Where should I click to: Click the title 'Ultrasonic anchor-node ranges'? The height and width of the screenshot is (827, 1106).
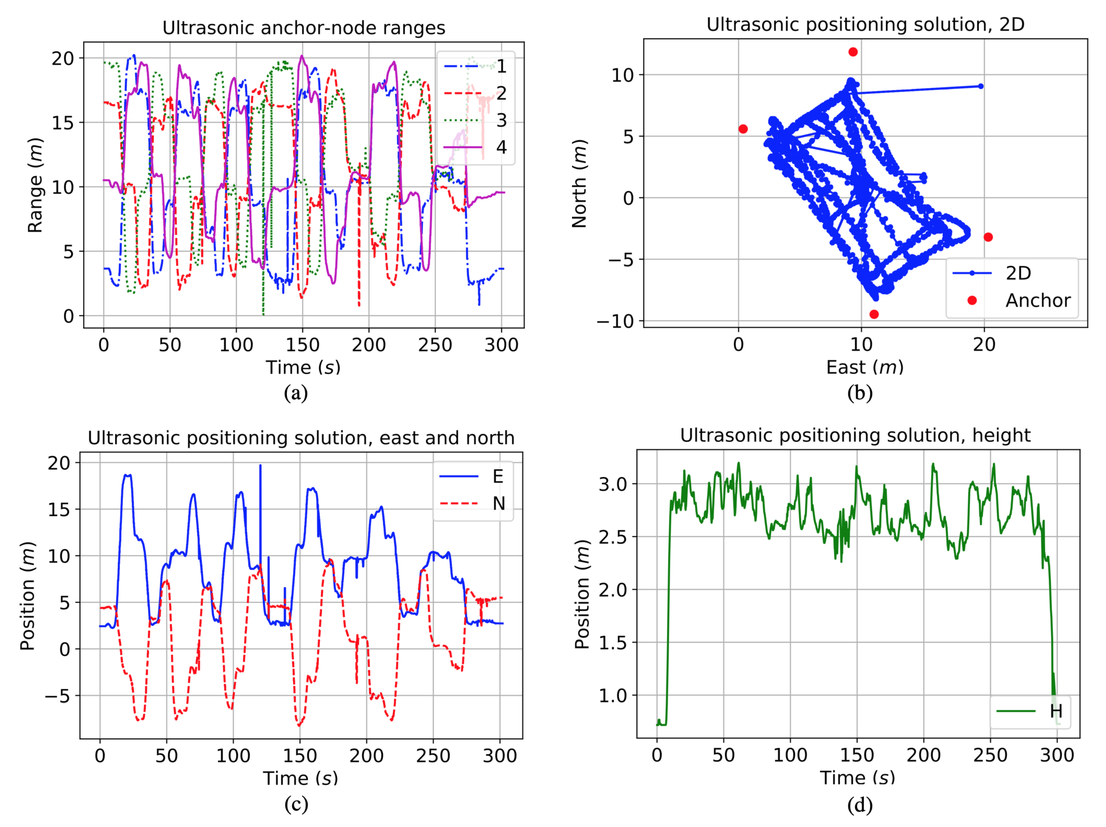[x=304, y=28]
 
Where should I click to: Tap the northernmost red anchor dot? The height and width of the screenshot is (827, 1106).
[x=853, y=52]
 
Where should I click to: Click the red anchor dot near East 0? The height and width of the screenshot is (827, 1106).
[x=743, y=129]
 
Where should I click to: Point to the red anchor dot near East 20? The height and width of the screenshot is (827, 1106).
[x=988, y=237]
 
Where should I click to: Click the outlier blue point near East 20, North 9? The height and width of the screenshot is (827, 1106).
[x=981, y=86]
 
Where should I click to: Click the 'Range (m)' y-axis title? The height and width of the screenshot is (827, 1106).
[x=35, y=185]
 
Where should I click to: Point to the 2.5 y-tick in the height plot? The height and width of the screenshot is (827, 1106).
[x=613, y=537]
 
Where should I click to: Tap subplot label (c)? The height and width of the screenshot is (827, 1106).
[x=296, y=804]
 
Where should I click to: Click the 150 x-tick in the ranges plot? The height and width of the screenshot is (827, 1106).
[x=302, y=345]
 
